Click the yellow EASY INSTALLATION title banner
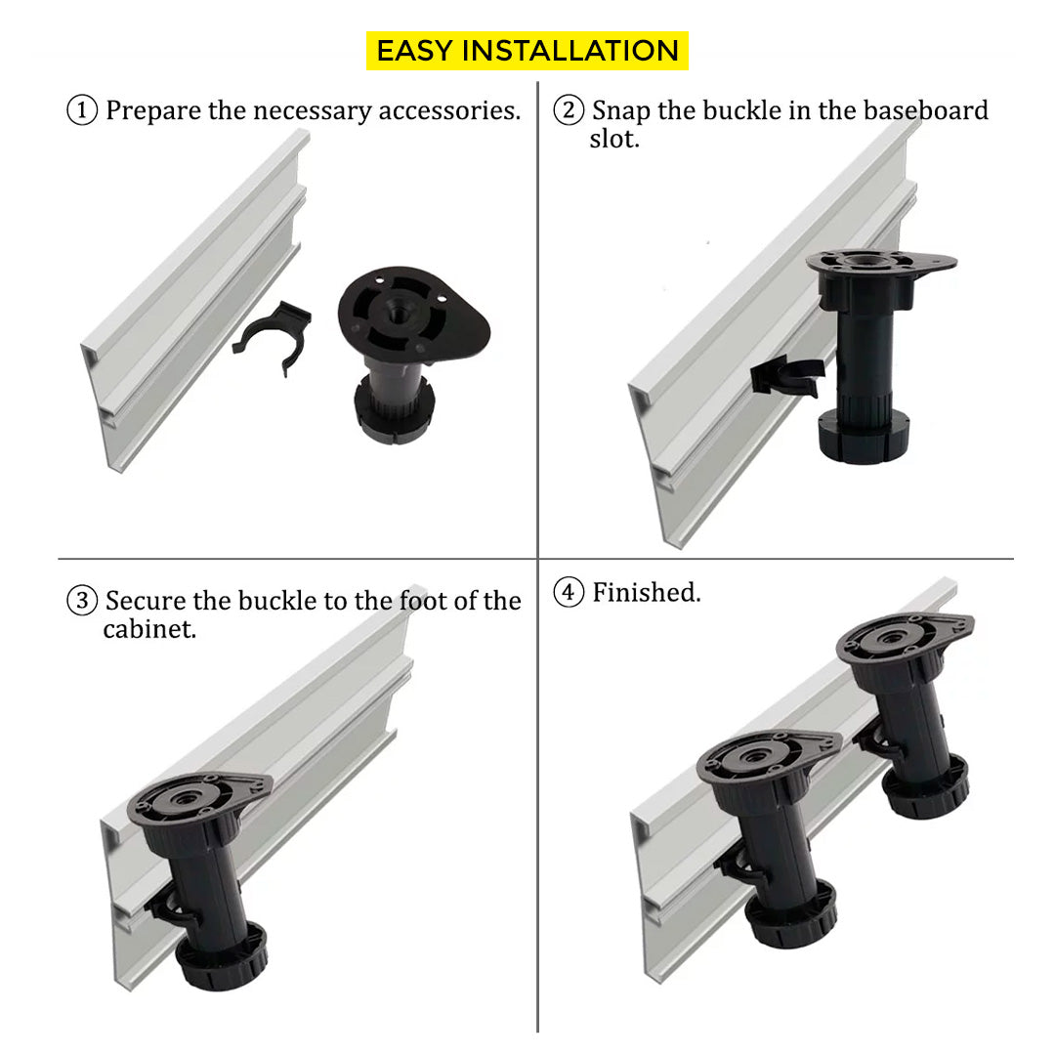527,51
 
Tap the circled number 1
82,110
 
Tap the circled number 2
569,110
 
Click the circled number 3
82,600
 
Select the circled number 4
569,592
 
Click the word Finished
646,592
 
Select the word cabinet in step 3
149,628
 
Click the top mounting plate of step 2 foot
879,262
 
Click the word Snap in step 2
621,110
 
